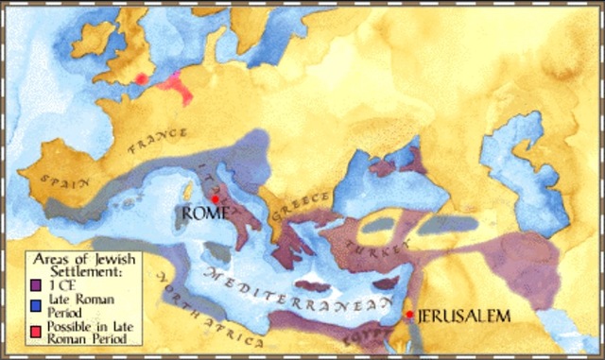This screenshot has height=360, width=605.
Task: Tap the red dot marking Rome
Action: (x=216, y=199)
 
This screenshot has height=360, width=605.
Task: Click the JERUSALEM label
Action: (x=459, y=315)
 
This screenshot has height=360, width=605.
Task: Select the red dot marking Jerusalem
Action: (x=408, y=315)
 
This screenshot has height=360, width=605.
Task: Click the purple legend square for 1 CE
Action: (x=35, y=283)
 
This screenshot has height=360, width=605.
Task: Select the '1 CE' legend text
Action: (x=59, y=283)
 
